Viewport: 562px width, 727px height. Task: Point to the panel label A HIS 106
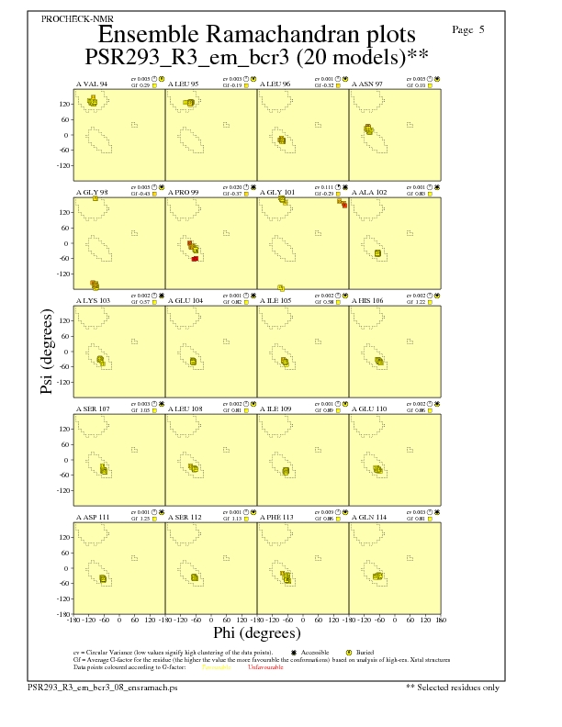point(370,300)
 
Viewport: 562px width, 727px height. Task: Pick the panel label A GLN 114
point(370,517)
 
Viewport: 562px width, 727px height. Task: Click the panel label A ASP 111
point(93,517)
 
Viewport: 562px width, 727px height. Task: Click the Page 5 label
point(468,30)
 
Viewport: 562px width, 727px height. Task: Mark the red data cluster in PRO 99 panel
point(196,259)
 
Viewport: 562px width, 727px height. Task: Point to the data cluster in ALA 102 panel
point(377,252)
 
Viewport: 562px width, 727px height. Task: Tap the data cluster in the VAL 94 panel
point(92,101)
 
